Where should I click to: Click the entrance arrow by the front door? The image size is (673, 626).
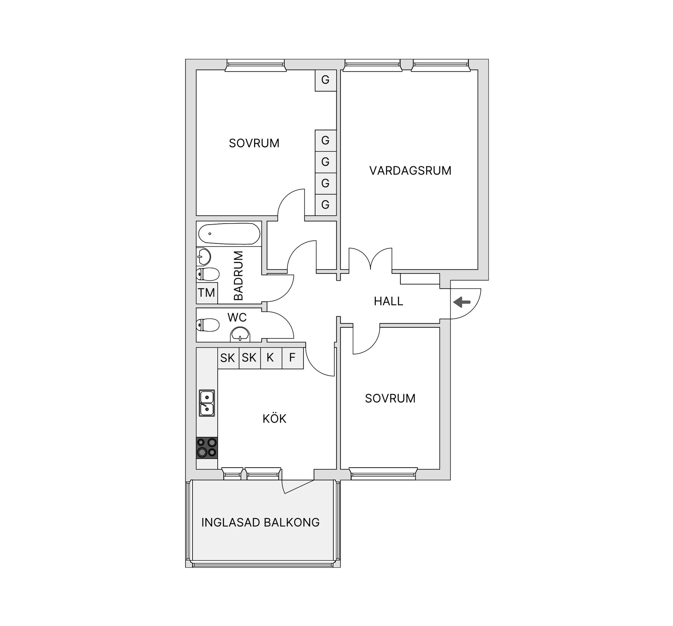462,302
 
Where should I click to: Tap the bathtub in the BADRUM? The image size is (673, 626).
229,234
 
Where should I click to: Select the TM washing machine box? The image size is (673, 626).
206,293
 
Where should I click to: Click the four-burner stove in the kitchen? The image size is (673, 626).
207,448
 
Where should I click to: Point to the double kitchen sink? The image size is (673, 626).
207,403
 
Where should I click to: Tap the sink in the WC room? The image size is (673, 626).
240,334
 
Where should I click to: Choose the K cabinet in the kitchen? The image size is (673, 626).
270,358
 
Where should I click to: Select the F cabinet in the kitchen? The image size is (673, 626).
292,358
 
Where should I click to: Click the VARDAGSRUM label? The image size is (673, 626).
410,171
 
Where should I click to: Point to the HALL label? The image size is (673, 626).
388,301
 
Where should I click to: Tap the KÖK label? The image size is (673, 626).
274,419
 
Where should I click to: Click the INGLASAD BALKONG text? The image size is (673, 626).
260,522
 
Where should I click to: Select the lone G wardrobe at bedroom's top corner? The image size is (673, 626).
325,80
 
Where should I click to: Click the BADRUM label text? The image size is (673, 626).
238,276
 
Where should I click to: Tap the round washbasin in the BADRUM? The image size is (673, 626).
204,256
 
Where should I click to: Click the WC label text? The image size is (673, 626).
237,318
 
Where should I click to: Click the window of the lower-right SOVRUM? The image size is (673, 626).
383,474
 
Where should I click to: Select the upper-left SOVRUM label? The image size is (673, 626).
254,143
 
